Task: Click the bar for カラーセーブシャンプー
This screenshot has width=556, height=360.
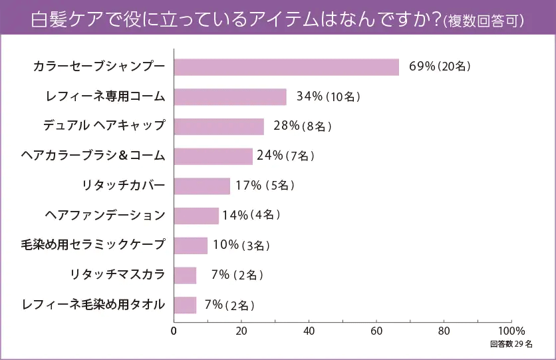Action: coord(286,67)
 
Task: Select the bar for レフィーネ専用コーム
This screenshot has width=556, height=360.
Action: coord(230,97)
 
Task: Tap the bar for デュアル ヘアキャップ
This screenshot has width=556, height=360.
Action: coord(219,126)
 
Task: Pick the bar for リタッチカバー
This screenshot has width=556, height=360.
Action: coord(202,186)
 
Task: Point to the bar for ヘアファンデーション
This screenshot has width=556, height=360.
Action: coord(196,216)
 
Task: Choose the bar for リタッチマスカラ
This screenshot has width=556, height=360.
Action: coord(185,275)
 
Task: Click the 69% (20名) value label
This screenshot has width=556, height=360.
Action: coord(440,67)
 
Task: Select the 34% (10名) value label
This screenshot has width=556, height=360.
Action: coord(329,97)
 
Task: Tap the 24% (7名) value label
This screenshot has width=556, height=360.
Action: coord(285,156)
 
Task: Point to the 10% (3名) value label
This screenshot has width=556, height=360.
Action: coord(241,246)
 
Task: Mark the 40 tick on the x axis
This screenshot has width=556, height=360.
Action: coord(309,330)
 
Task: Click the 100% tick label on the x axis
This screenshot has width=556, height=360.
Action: coord(511,330)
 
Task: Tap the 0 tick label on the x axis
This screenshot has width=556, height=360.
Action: coord(174,330)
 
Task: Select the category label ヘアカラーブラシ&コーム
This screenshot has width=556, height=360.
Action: coord(93,156)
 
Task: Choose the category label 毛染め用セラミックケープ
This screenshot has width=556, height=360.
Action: coord(93,245)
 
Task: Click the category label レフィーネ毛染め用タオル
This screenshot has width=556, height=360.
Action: coord(93,305)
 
